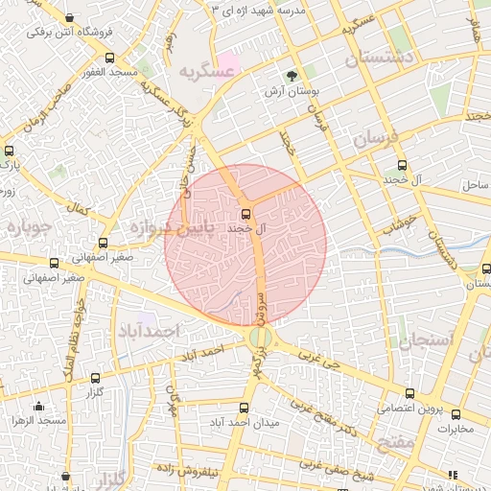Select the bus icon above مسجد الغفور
[x=109, y=58]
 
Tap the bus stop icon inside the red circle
[x=245, y=214]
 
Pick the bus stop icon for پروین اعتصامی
[x=410, y=393]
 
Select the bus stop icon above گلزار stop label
[x=95, y=379]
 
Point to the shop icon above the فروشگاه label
[x=71, y=18]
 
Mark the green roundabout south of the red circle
[x=260, y=337]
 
